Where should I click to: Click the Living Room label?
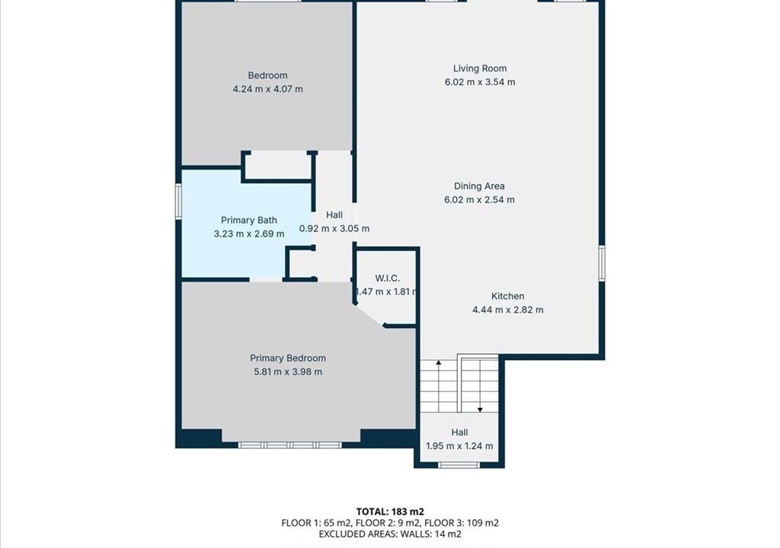[x=480, y=68]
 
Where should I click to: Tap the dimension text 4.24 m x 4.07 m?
[x=267, y=89]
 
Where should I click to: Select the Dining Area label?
[x=479, y=186]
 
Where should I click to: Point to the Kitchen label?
[x=507, y=296]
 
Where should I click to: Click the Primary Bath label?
[x=249, y=220]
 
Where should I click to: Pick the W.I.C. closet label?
[x=387, y=278]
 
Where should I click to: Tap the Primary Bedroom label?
[x=288, y=358]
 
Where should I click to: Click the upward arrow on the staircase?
[x=438, y=386]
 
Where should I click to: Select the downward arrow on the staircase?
[x=480, y=386]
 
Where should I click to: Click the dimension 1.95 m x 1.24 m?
[x=459, y=446]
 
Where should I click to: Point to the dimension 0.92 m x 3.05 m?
[x=334, y=229]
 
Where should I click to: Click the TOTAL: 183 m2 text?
[x=390, y=511]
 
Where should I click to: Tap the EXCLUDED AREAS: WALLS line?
[x=390, y=534]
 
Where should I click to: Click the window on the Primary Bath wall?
[x=178, y=201]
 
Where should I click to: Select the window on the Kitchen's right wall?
[x=602, y=263]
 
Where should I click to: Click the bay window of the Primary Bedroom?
[x=290, y=445]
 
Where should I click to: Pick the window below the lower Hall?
[x=459, y=466]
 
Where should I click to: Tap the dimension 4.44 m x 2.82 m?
[x=507, y=310]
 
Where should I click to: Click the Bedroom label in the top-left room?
[x=267, y=75]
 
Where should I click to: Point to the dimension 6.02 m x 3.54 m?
[x=480, y=82]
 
